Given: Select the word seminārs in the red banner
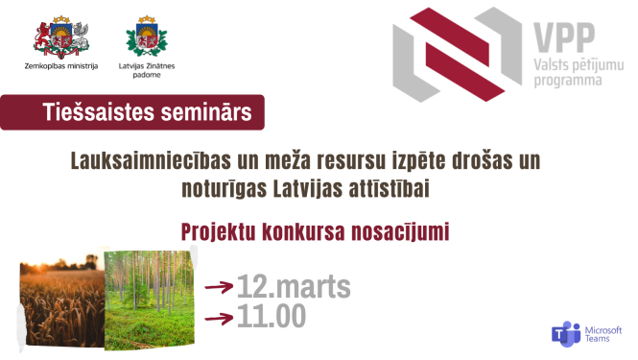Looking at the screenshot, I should click(x=205, y=113).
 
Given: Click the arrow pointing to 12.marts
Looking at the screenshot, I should click(x=221, y=286).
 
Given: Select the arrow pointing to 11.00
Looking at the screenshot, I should click(x=221, y=316).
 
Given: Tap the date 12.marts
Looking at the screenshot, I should click(x=294, y=286).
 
